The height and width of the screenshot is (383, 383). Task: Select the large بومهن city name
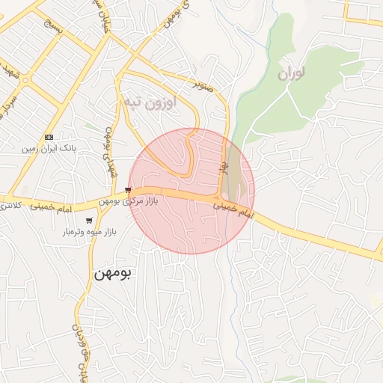click(x=112, y=274)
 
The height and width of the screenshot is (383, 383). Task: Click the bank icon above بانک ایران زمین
click(x=49, y=137)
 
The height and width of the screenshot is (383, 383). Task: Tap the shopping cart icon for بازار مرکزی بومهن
click(x=129, y=190)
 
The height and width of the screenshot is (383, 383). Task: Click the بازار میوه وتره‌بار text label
click(x=89, y=233)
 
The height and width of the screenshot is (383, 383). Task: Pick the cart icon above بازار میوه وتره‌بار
click(x=90, y=221)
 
